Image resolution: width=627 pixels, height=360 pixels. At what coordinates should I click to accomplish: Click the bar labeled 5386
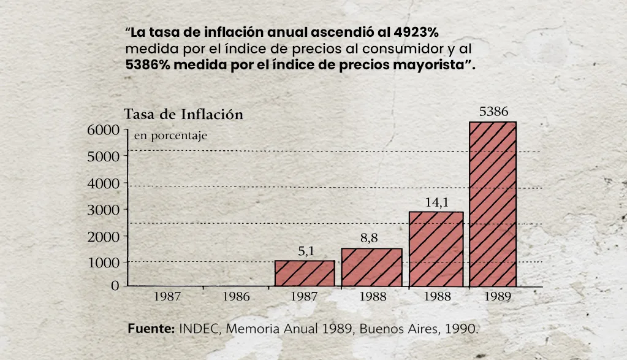click(493, 204)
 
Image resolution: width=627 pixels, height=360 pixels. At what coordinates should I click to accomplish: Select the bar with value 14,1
click(436, 249)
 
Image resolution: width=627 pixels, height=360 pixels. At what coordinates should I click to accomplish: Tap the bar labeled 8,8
click(371, 267)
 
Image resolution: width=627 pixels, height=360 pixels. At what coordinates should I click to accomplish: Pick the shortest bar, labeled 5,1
click(305, 273)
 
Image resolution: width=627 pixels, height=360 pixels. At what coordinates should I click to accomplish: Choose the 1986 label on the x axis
click(237, 297)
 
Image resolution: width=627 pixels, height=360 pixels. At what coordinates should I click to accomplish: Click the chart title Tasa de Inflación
click(183, 115)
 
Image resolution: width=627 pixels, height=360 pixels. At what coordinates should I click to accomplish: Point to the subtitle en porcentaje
click(170, 136)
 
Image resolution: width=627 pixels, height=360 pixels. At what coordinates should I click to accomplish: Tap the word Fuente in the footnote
click(151, 328)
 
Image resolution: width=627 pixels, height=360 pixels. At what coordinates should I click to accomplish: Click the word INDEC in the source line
click(200, 328)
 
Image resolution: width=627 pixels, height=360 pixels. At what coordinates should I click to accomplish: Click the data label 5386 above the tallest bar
click(493, 112)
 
